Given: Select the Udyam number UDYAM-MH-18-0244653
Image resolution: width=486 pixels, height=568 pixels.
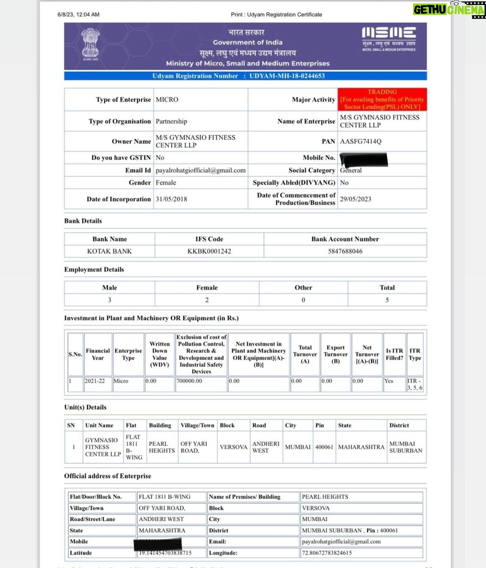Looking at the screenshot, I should (x=287, y=76).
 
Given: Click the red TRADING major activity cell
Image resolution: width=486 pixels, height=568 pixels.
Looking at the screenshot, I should (x=382, y=99).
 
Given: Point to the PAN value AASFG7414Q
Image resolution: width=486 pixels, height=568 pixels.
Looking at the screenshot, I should (x=360, y=142).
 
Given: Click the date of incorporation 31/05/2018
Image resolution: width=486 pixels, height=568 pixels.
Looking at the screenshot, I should (x=171, y=199).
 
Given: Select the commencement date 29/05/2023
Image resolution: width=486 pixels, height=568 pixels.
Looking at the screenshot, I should (x=355, y=199).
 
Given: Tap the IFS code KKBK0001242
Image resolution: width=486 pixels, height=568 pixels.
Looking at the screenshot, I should (x=209, y=251).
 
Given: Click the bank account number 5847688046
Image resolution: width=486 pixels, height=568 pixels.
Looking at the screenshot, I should (x=345, y=251).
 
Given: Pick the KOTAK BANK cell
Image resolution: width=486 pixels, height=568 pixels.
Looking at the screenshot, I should (x=109, y=251).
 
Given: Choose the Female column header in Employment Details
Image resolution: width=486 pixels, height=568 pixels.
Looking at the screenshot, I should (x=207, y=288).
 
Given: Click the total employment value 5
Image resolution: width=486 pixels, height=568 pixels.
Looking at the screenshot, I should (x=387, y=300).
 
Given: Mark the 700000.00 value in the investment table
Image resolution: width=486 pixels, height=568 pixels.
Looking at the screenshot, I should (x=189, y=381).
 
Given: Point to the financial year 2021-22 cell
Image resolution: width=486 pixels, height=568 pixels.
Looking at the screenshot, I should (x=94, y=381).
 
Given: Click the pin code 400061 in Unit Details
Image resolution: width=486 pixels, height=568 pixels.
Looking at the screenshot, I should (x=324, y=447).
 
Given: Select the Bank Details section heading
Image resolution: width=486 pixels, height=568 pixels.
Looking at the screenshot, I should (x=83, y=221).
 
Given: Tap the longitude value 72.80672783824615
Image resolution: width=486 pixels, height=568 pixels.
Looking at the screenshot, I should (x=327, y=553).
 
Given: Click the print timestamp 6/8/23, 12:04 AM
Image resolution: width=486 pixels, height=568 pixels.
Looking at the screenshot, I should (x=78, y=14).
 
